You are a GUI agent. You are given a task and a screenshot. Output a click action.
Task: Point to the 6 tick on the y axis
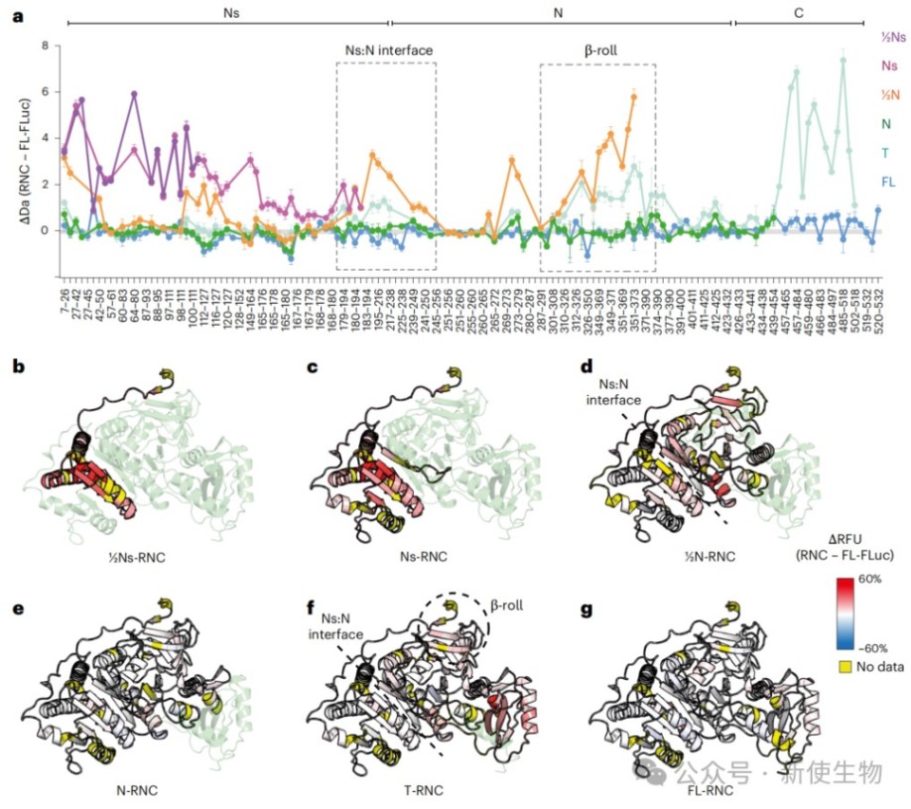pyautogui.click(x=44, y=92)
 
